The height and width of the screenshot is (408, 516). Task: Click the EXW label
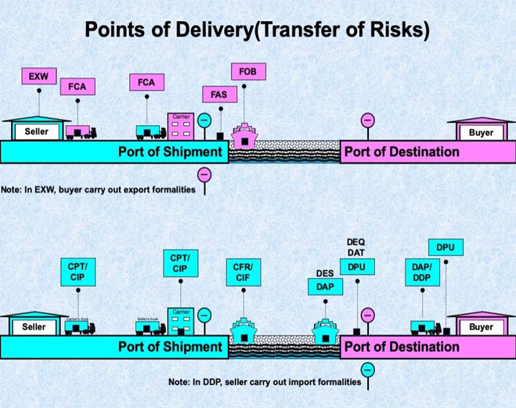coord(38,77)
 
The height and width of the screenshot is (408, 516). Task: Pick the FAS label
coord(219,95)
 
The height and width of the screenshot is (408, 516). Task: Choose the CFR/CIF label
coord(243,272)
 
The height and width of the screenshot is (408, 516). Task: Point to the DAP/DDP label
coord(421,272)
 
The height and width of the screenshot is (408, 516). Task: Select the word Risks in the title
coord(399,30)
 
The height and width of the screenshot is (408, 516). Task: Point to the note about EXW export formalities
coord(98,190)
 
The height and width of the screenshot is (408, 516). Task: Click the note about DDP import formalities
coord(265,383)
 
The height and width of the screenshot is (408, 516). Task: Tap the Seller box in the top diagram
coord(35,132)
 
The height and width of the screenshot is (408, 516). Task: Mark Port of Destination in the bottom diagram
coord(401,346)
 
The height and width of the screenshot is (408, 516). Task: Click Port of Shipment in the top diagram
coord(171,151)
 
